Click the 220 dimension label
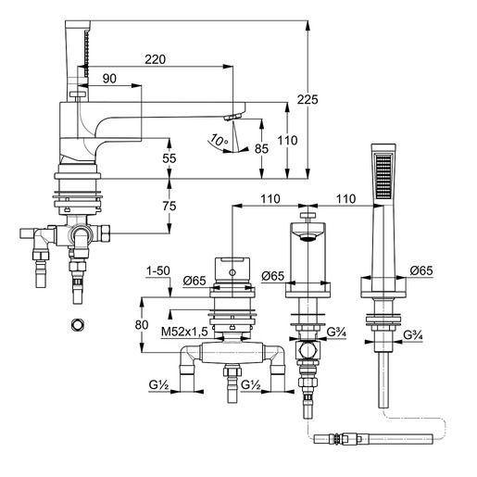click(156, 59)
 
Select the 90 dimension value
click(109, 79)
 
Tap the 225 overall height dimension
click(308, 100)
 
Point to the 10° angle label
click(219, 140)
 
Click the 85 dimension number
click(261, 149)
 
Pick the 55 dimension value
click(169, 158)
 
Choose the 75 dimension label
click(169, 206)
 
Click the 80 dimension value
click(142, 325)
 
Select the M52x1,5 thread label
click(184, 332)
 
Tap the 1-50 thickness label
click(158, 270)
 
